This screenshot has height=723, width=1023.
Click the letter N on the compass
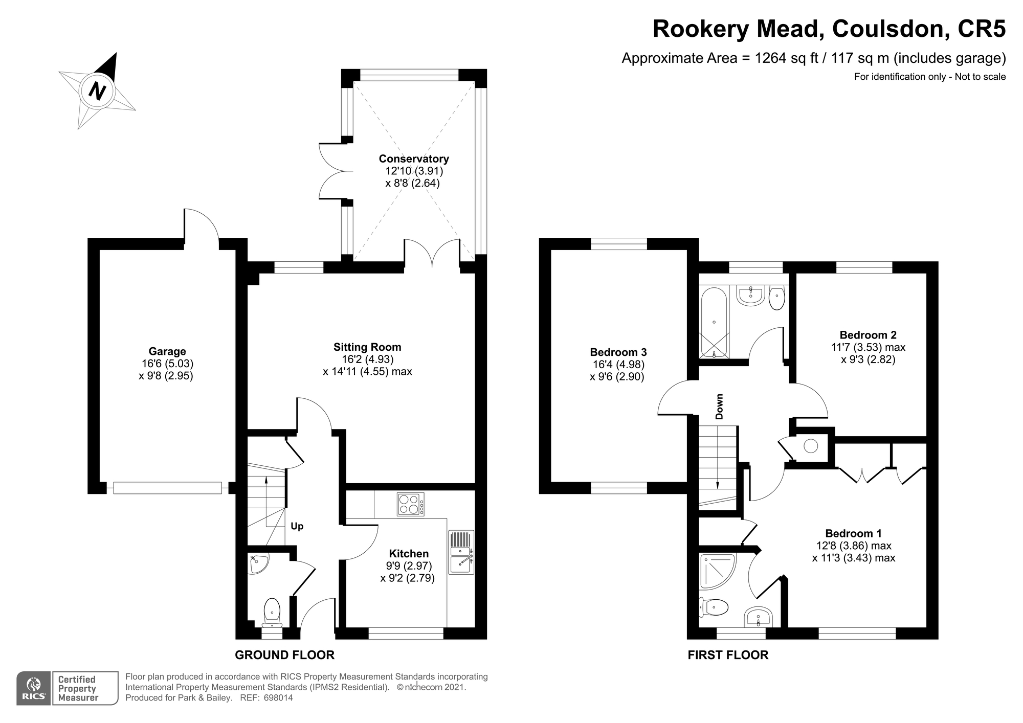97,91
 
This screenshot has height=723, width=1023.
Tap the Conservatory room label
413,159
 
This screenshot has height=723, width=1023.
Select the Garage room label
167,351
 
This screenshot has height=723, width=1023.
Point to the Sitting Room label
367,347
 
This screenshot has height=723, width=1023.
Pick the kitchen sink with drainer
462,552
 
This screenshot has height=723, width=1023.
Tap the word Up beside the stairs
297,526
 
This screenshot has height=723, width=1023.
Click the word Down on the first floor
720,406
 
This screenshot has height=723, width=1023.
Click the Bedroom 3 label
618,352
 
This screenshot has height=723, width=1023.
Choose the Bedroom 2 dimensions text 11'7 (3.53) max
868,348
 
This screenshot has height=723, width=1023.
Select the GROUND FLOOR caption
284,655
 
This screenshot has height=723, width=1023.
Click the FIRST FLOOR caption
728,655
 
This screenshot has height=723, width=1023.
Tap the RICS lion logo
34,688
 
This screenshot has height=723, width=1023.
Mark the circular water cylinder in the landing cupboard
811,446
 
